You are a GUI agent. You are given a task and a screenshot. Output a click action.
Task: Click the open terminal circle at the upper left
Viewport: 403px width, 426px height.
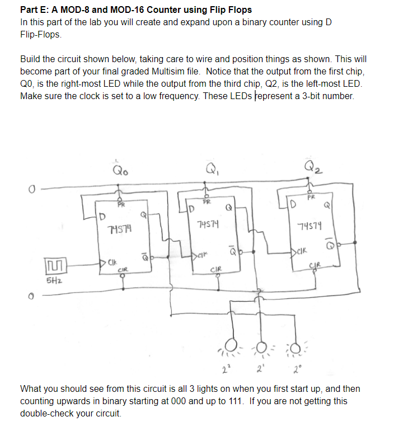24,188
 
